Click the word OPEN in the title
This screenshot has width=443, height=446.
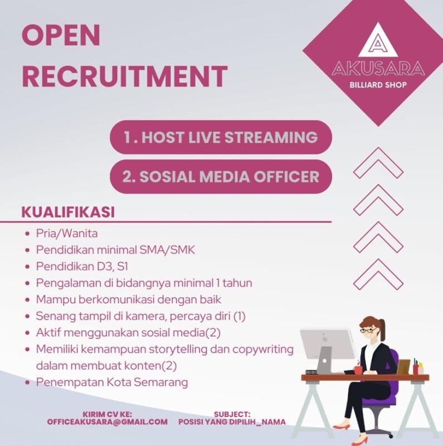click(61, 36)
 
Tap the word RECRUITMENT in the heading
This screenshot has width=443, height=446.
click(124, 76)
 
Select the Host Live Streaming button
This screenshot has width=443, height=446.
click(221, 137)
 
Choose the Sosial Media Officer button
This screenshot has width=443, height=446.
click(221, 177)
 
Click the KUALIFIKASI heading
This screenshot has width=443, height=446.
click(68, 212)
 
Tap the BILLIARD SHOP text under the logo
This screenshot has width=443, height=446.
click(378, 85)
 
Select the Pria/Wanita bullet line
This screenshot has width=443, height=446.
click(67, 234)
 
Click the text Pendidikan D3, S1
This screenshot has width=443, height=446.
click(82, 266)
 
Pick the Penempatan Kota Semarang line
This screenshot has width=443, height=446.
click(112, 382)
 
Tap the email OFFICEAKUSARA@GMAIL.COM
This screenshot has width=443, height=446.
click(107, 422)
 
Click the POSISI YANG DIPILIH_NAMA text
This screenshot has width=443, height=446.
click(232, 422)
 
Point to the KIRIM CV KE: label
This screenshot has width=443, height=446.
click(107, 414)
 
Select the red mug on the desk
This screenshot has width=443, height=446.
click(357, 370)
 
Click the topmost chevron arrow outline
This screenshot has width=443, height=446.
click(378, 162)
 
